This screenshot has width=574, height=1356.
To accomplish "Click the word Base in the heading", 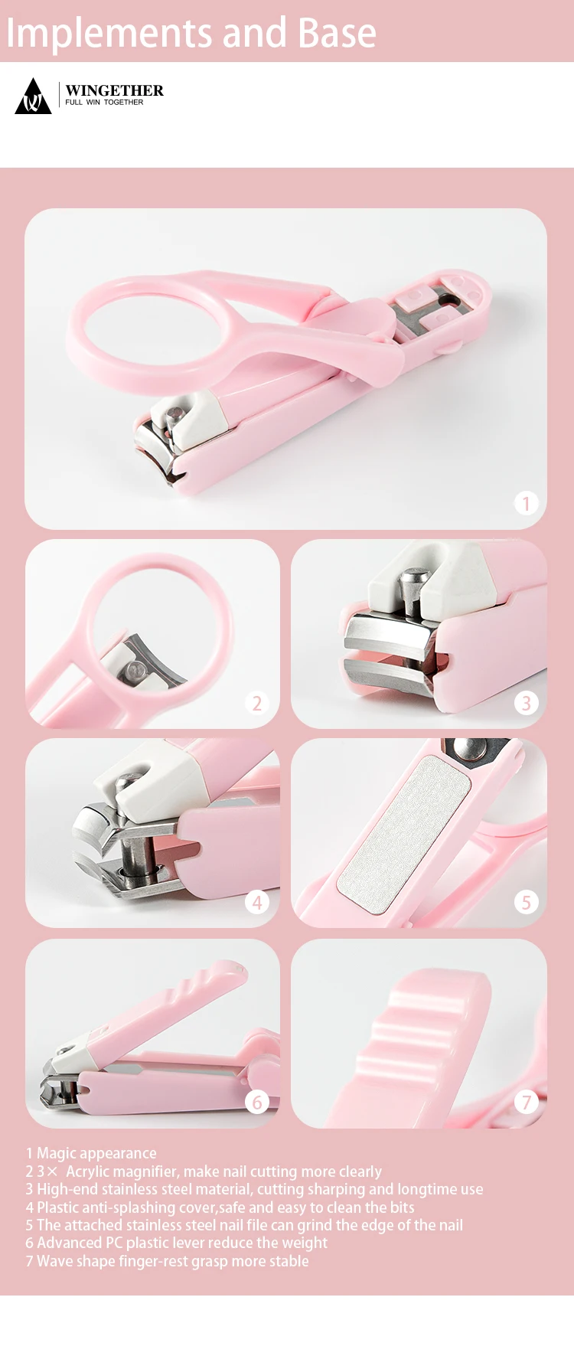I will [337, 33].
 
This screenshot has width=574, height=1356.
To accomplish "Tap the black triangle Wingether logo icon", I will [33, 97].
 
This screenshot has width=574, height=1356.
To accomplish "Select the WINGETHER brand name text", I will [114, 90].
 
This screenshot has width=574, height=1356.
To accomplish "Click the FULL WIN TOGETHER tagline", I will [104, 103].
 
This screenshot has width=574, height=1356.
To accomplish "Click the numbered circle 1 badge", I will [526, 503].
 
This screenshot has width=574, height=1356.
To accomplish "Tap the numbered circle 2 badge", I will [257, 703].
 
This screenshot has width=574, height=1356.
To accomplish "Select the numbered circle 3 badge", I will [526, 703].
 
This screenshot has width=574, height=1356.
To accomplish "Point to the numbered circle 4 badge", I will [257, 902].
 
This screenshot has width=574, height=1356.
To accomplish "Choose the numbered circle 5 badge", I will [526, 902].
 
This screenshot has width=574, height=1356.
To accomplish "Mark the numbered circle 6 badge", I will [257, 1102].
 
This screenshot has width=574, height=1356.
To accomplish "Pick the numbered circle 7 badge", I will [526, 1102].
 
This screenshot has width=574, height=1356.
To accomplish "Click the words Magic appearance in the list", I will [96, 1153].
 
